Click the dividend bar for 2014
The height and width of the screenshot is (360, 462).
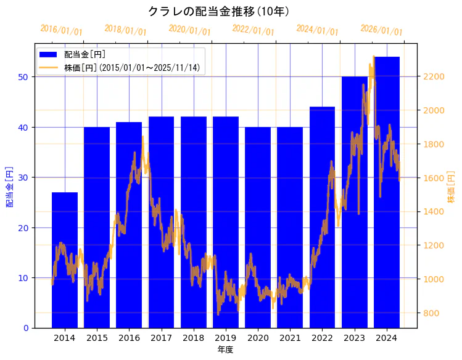(65, 259)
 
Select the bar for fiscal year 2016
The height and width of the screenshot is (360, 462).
(129, 225)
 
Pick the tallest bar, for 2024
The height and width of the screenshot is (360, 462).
(387, 191)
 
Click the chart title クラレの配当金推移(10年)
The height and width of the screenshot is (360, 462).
(218, 11)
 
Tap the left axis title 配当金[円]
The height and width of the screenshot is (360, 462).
(10, 186)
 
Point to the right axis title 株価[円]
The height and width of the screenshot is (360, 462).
(451, 187)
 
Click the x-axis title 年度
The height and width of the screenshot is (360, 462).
(225, 350)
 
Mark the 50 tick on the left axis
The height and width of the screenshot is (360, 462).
(22, 77)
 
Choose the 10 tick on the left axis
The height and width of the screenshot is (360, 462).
(22, 278)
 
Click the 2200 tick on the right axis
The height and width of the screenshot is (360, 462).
(433, 76)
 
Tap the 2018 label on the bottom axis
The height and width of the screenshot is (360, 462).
(193, 338)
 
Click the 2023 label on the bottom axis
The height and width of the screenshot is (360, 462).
(354, 338)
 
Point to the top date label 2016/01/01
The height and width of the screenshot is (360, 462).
(61, 30)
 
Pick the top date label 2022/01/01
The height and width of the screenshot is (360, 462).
(254, 30)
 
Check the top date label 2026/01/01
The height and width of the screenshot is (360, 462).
(381, 30)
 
